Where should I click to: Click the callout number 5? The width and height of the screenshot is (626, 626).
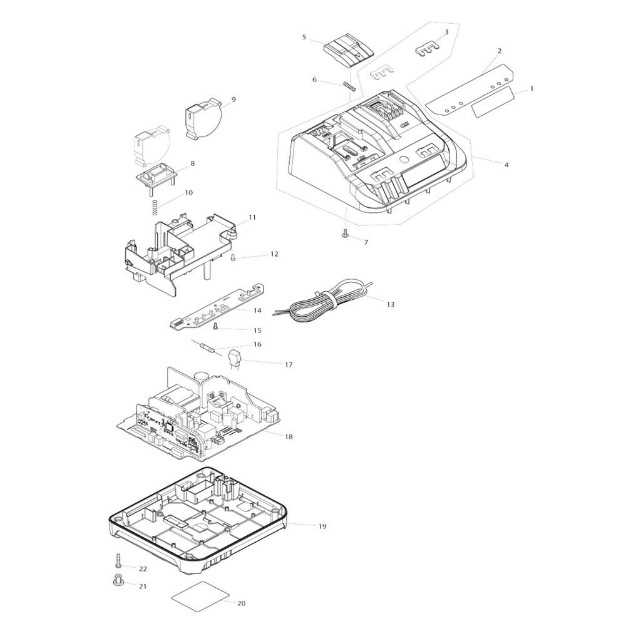(304, 38)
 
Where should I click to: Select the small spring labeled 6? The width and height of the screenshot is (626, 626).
(349, 86)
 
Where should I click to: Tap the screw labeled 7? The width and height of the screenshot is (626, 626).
(345, 233)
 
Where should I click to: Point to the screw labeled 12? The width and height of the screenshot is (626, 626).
(233, 257)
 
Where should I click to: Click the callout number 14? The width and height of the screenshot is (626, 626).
(257, 310)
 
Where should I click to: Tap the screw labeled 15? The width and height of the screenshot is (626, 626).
(216, 326)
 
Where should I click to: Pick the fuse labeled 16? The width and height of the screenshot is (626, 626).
(207, 349)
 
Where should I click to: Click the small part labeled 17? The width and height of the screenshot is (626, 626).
(234, 359)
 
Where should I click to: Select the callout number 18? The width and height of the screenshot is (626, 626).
(289, 436)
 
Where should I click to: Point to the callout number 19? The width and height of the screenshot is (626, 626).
(322, 526)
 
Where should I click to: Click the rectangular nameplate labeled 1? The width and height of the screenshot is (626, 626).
(491, 102)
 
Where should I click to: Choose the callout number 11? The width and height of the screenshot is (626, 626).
(252, 218)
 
